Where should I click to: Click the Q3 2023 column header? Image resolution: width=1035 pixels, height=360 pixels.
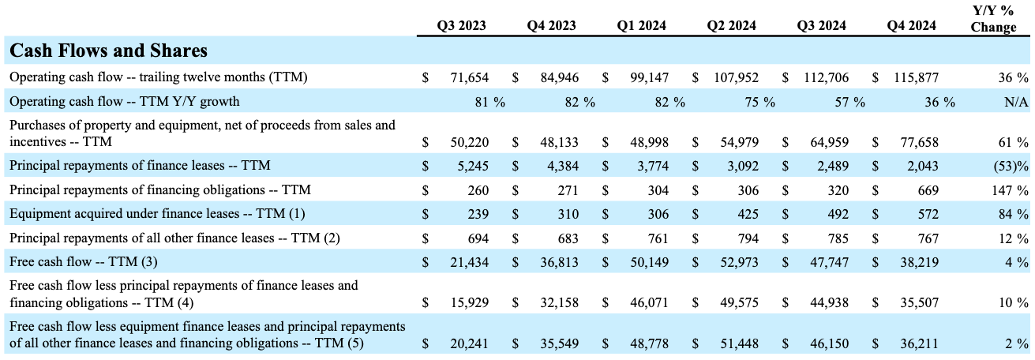tap(461, 25)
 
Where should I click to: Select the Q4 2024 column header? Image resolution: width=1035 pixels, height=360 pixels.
tap(911, 25)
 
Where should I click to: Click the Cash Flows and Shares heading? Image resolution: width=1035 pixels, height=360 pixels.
tap(108, 51)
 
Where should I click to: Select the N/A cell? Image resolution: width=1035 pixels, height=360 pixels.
tap(1015, 101)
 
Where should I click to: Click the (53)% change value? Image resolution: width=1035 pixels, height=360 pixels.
tap(1010, 167)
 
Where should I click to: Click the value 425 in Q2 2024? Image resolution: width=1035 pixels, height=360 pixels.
tap(748, 214)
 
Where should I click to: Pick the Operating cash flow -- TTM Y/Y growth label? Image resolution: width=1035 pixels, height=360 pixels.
tap(124, 101)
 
